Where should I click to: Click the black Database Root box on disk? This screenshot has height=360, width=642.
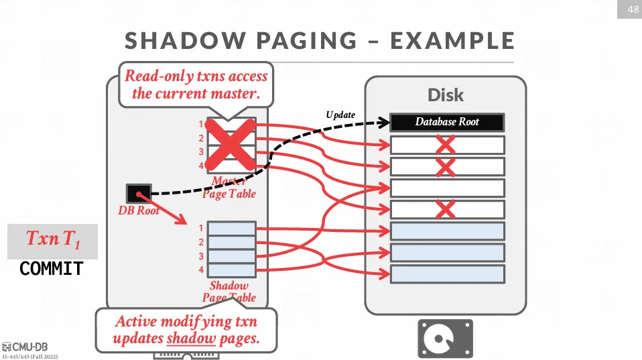tap(447, 122)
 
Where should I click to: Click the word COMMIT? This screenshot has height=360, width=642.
tap(52, 269)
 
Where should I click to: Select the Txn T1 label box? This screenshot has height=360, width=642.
tap(52, 240)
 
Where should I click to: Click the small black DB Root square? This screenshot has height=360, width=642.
tap(139, 194)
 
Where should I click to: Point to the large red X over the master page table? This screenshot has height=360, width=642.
tap(231, 144)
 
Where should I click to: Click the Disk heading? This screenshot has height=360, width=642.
tap(446, 95)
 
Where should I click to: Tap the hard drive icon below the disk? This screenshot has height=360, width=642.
tap(445, 339)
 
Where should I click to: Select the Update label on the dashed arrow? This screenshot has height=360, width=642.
tap(340, 115)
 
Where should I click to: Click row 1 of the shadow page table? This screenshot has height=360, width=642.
tap(232, 229)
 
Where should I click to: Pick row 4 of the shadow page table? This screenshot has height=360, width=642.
tap(232, 270)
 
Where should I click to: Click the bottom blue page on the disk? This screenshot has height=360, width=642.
tap(447, 274)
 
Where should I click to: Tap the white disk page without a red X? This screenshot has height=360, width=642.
tap(447, 188)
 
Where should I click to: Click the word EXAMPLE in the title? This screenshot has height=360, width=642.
tap(452, 41)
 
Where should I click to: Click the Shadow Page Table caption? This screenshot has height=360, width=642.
tap(229, 292)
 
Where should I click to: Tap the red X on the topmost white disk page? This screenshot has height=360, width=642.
tap(445, 145)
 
